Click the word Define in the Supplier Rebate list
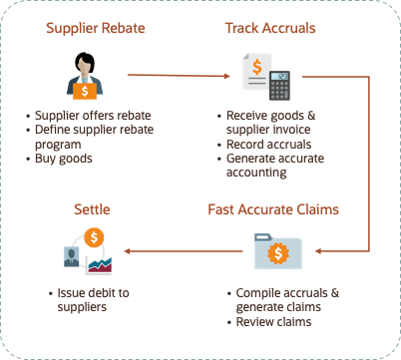pyautogui.click(x=54, y=130)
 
